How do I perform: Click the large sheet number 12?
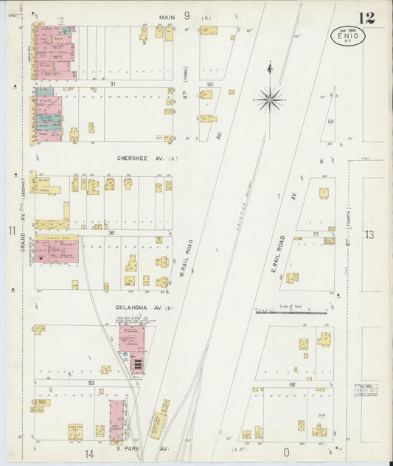[x=366, y=18]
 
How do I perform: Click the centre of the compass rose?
[x=271, y=98]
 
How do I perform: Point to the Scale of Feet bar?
[x=292, y=312]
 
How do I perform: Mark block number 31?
[x=133, y=84]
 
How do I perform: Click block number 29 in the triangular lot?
[x=331, y=121]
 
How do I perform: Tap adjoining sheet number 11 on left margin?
[x=12, y=232]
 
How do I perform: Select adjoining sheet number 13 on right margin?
[x=369, y=234]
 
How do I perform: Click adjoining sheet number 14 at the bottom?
[x=89, y=453]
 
